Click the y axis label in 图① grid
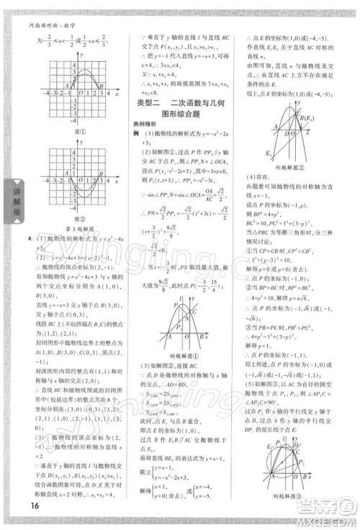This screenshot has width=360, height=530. point(83,54)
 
